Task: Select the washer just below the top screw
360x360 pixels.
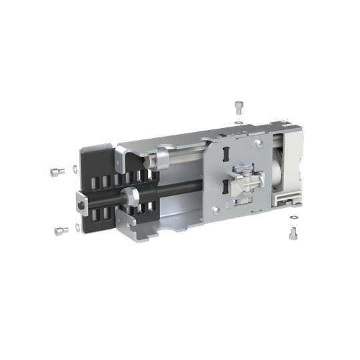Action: (x=239, y=123)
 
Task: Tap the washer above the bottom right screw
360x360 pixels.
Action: (x=293, y=218)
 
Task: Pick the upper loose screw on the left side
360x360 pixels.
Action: (x=55, y=172)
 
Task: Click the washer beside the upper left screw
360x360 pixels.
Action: (x=72, y=169)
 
